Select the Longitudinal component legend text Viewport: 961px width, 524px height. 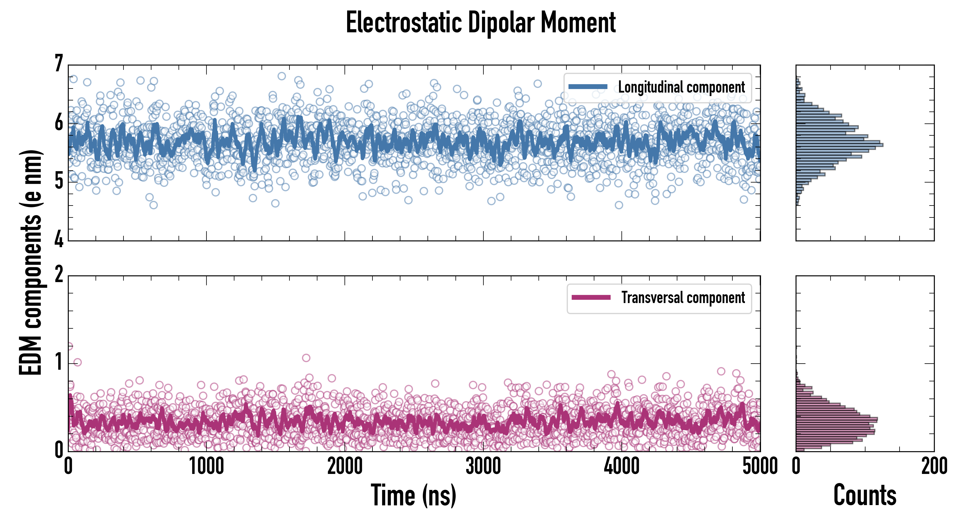[681, 87]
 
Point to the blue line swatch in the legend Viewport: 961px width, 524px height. [588, 87]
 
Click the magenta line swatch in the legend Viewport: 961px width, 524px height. [591, 298]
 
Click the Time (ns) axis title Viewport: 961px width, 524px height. [413, 495]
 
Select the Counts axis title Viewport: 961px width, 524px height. [865, 495]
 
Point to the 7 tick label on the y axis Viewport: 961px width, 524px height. [59, 63]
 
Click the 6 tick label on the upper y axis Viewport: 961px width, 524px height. [59, 122]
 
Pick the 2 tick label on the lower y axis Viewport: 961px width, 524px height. [59, 275]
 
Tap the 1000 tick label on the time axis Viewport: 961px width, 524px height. [206, 466]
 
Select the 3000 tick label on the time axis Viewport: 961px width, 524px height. [483, 466]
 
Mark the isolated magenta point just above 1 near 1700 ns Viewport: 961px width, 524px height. [306, 358]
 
